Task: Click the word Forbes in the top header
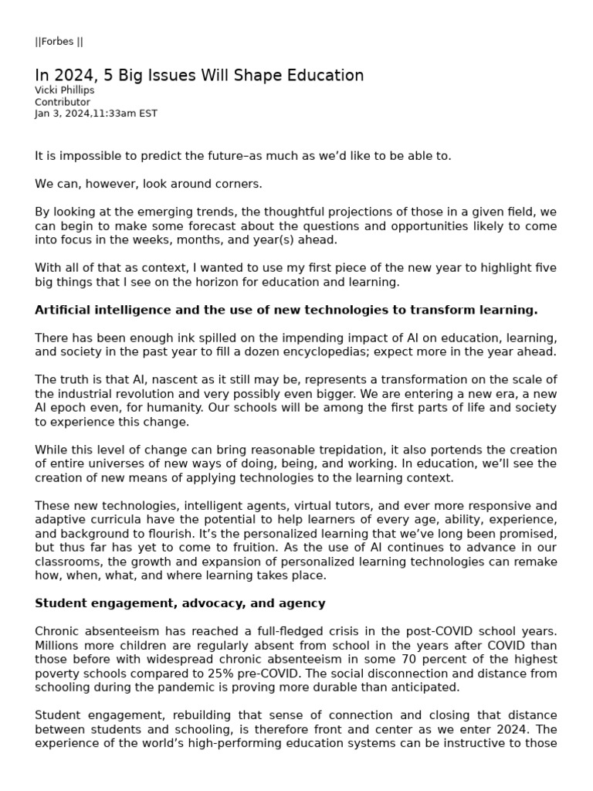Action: point(58,42)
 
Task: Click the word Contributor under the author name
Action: point(63,102)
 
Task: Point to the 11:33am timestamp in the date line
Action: point(113,114)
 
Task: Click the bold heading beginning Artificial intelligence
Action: point(286,310)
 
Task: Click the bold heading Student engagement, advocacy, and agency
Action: point(180,603)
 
